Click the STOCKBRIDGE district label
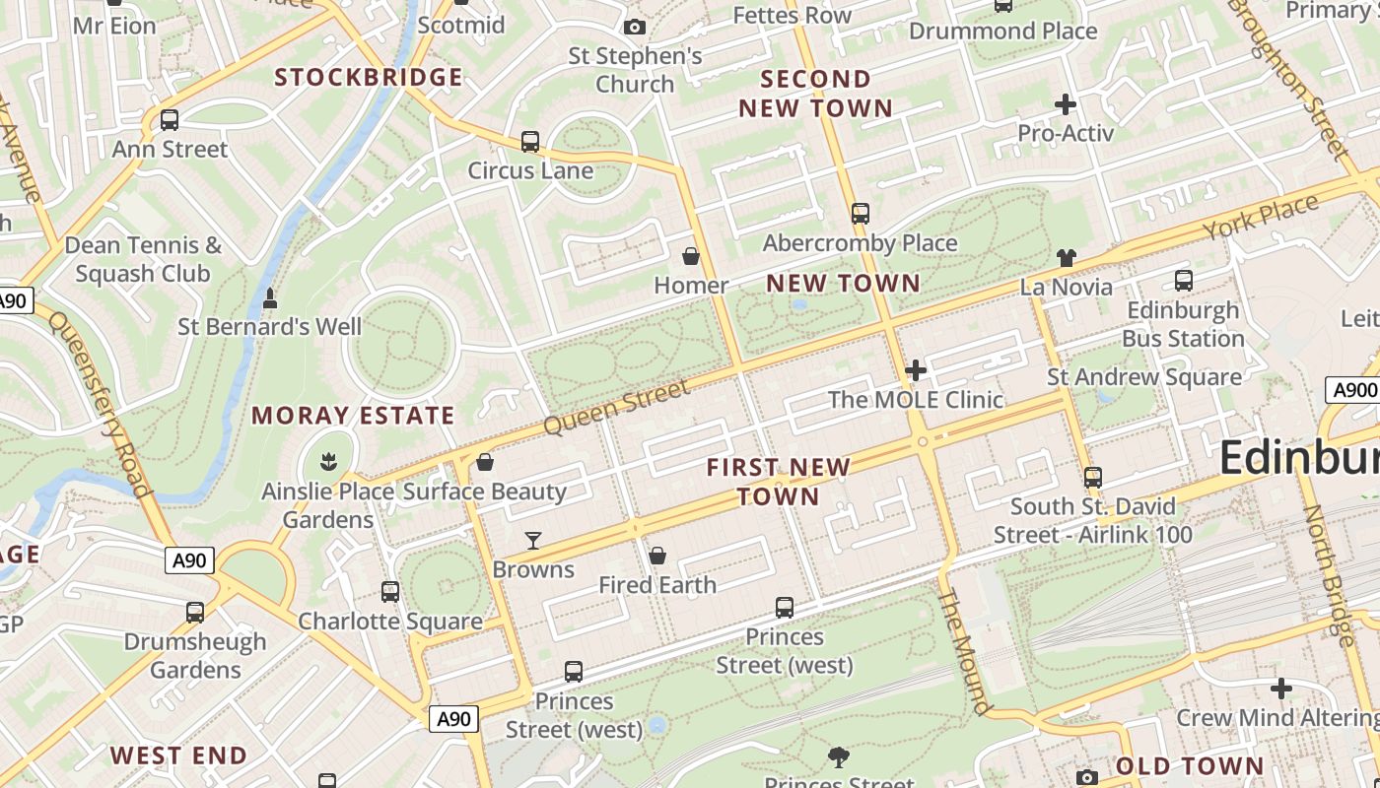368,77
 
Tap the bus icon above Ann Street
170,120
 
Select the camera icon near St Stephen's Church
635,27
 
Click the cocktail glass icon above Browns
533,540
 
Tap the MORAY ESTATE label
353,416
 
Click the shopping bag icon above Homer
691,256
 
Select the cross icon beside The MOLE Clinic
916,370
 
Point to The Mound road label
964,650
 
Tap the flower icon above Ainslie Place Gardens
327,460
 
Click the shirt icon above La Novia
1066,258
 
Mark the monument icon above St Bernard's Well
270,296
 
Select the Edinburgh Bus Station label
1183,324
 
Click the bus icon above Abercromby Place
861,213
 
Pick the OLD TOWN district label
1190,766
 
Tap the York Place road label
1261,219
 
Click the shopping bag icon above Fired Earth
657,556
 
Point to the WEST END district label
178,756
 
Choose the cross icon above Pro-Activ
1066,103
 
